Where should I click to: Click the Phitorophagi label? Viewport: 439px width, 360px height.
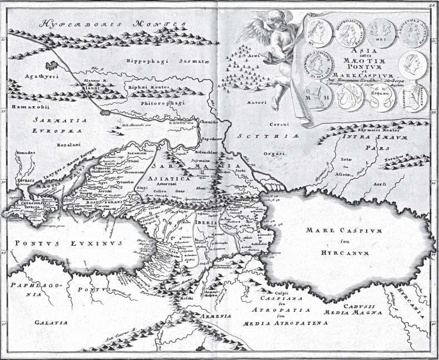pos(157,96)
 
